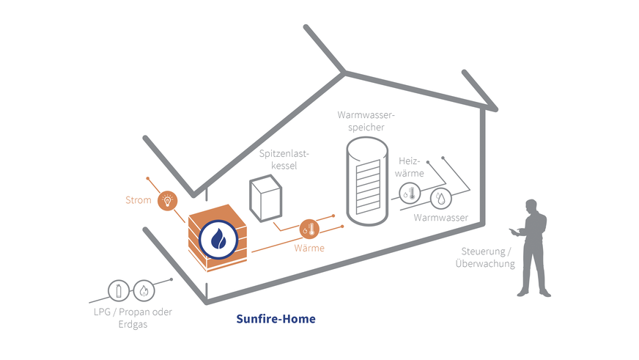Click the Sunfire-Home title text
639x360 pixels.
coord(276,319)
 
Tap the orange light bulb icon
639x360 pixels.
coord(169,199)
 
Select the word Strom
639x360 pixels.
coord(138,200)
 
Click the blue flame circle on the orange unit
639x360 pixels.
coord(218,238)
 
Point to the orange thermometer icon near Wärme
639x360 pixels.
coord(309,229)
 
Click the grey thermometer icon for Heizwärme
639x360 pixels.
coord(409,195)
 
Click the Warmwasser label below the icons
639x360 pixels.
coord(440,218)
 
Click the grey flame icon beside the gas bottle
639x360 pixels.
coord(144,290)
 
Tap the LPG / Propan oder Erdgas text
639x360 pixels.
coord(135,318)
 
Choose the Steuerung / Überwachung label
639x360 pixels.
coord(484,257)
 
